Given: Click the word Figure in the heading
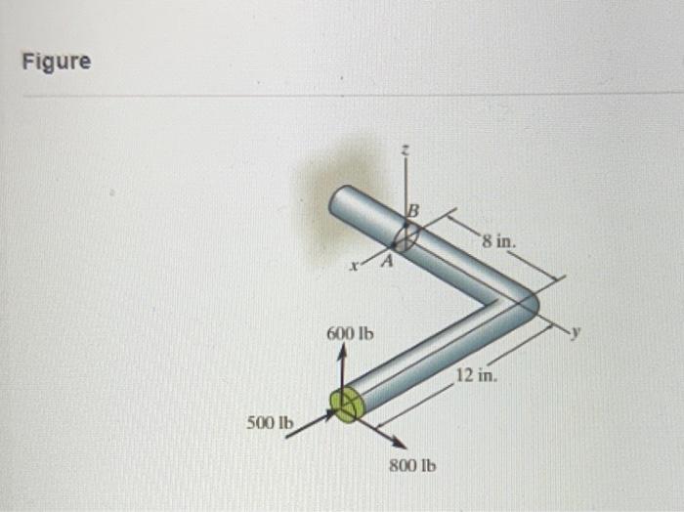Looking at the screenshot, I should point(58,62).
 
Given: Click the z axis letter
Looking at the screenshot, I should point(406,149).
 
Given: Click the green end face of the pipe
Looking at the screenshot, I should point(345,403).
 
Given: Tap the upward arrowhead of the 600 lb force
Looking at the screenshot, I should point(341,357).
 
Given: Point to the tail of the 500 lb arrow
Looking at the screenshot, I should point(287,436).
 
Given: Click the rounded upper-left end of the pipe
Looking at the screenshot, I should point(341,201).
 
